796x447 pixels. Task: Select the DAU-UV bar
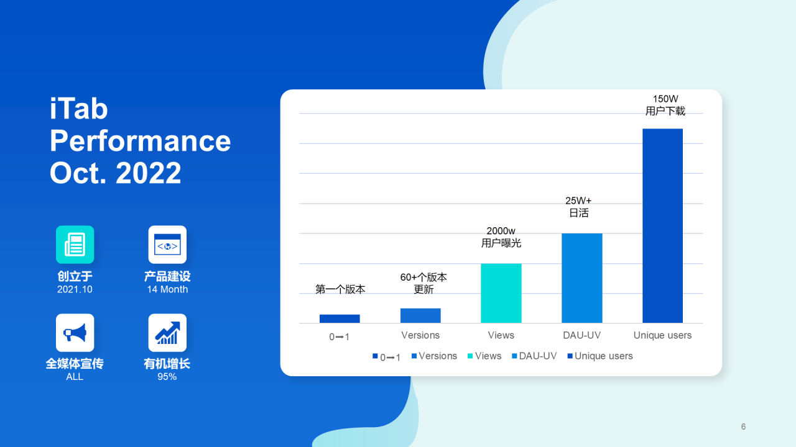581,278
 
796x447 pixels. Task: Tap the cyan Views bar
501,293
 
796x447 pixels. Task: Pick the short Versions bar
420,315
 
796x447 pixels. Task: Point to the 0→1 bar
340,318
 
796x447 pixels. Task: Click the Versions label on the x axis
420,335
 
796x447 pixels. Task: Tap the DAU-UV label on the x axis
581,335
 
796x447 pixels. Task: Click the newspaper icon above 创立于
75,245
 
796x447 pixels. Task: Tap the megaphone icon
75,333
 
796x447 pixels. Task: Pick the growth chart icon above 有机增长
167,333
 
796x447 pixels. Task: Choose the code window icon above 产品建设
167,245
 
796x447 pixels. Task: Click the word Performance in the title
140,141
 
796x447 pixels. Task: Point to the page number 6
743,427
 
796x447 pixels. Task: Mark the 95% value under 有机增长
167,376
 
